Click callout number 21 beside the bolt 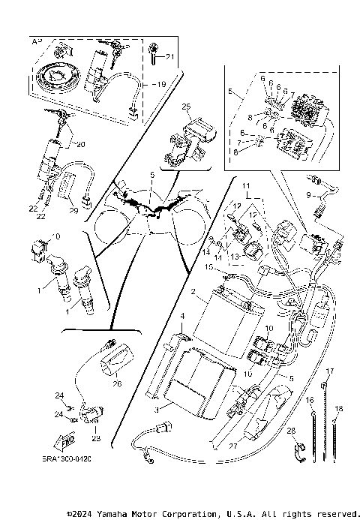click(x=169, y=57)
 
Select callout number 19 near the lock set click(x=162, y=85)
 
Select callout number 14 click(x=203, y=253)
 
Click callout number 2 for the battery click(x=193, y=290)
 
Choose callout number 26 click(x=117, y=383)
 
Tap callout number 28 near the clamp click(x=292, y=431)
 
